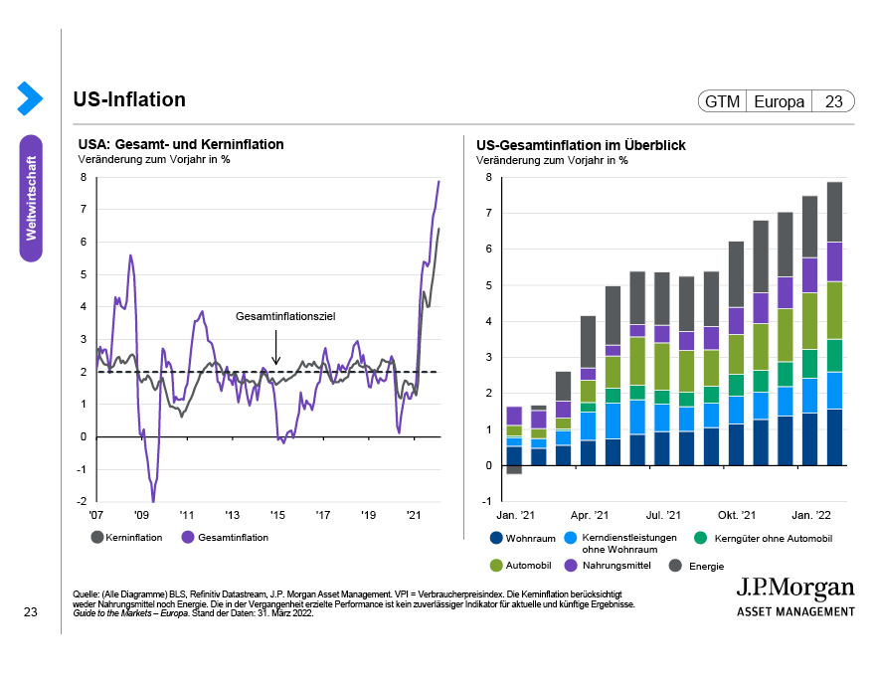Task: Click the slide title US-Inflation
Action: pos(129,99)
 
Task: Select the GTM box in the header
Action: pos(722,101)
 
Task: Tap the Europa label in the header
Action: pos(779,101)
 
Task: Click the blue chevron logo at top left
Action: pos(30,97)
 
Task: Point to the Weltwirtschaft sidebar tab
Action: pos(31,198)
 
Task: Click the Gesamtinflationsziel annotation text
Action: pos(285,316)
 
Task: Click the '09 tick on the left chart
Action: pos(141,516)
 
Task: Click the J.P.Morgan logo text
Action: pos(794,587)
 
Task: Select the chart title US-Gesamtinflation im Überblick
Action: pos(581,145)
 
